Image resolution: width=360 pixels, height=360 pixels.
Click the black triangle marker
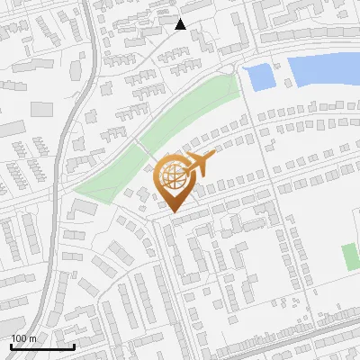click(x=180, y=24)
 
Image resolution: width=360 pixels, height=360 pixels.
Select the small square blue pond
click(x=259, y=77)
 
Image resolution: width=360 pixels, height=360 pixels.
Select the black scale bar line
click(x=42, y=346)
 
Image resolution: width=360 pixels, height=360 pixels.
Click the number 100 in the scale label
click(x=19, y=338)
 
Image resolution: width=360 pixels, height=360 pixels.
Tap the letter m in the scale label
click(x=32, y=338)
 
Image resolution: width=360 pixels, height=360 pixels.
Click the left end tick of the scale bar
click(x=12, y=345)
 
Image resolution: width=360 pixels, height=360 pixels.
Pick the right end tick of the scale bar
click(x=74, y=345)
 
